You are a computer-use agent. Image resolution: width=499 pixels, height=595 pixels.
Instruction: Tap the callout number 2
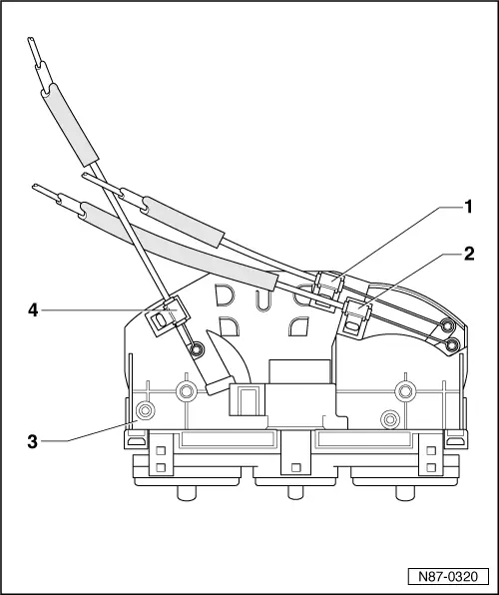[467, 254]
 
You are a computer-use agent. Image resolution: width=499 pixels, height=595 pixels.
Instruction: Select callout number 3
[33, 438]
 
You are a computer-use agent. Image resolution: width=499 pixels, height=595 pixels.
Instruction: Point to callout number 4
[33, 310]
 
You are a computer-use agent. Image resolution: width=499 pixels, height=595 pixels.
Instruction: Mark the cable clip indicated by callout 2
[356, 318]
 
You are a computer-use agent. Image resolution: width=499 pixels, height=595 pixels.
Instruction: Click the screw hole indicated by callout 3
[146, 410]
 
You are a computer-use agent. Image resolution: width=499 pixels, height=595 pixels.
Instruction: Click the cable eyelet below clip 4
[198, 349]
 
